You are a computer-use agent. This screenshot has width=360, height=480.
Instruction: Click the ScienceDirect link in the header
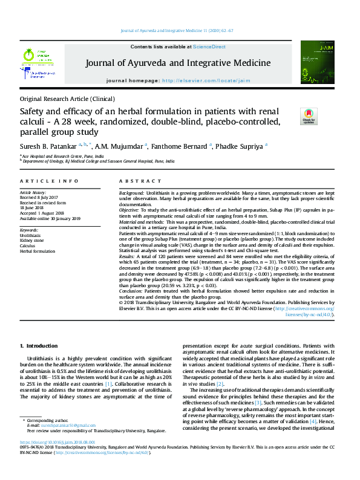(209, 47)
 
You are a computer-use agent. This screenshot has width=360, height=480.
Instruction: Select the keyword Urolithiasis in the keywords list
(30, 235)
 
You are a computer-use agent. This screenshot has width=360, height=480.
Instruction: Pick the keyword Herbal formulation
(38, 251)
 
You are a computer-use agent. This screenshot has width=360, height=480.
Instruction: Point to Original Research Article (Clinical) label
(67, 99)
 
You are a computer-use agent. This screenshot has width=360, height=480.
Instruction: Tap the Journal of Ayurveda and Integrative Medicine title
(178, 63)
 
